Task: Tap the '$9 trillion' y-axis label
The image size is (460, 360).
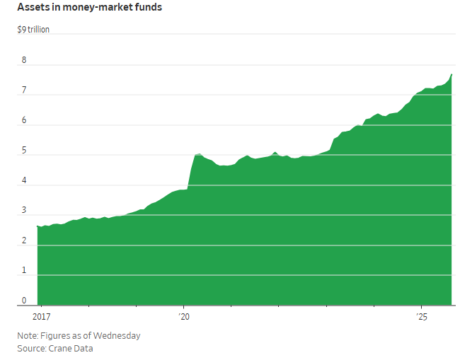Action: (x=33, y=30)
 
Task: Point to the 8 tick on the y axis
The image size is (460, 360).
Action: (x=24, y=60)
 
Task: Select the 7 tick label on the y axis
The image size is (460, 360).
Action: (x=24, y=91)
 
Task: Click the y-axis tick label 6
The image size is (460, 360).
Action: (x=24, y=120)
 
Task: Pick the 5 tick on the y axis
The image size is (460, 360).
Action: (x=24, y=151)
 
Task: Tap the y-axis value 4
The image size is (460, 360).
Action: (x=24, y=180)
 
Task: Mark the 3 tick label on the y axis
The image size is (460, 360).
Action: (x=24, y=211)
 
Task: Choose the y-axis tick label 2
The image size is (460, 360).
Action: (x=24, y=240)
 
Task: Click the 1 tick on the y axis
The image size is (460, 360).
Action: (x=24, y=271)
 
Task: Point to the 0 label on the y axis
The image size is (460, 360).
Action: (x=24, y=301)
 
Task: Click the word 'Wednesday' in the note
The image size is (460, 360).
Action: (x=117, y=335)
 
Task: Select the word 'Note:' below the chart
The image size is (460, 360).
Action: (x=28, y=335)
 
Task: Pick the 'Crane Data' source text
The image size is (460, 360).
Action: (x=71, y=348)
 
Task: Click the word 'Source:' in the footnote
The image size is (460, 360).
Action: (x=32, y=348)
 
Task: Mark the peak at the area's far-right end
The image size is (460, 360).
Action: (x=452, y=74)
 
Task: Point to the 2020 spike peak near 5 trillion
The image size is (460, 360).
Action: (x=199, y=153)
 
